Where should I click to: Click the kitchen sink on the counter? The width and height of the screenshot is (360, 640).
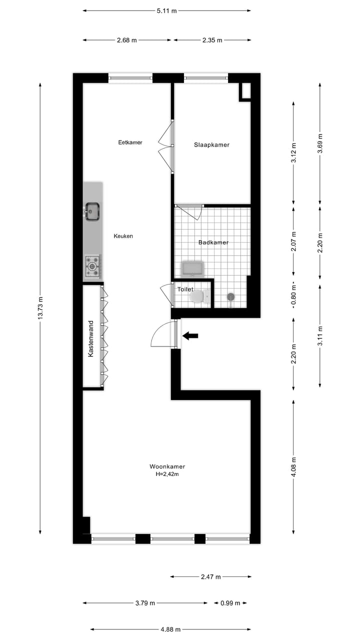tap(92, 211)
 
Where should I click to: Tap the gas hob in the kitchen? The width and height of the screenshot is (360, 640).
tap(92, 266)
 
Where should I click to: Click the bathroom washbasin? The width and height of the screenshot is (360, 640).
tap(192, 268)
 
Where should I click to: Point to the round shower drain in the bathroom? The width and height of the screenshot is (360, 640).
tap(230, 297)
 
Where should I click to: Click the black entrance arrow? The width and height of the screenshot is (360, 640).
tap(190, 336)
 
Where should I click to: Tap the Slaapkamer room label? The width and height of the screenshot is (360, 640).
tap(211, 145)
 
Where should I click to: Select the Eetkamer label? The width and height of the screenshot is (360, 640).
tap(130, 142)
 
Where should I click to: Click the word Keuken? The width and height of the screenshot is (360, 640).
tap(123, 236)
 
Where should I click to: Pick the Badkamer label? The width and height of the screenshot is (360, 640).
tap(213, 242)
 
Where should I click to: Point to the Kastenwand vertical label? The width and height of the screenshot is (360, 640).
tap(91, 338)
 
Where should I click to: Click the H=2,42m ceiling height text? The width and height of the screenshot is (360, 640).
tap(167, 474)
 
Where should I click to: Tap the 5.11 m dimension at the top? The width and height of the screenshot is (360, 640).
tap(166, 10)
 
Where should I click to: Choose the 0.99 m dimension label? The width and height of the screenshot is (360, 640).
tap(230, 603)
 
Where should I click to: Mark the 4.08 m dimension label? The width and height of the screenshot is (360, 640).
tap(293, 466)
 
